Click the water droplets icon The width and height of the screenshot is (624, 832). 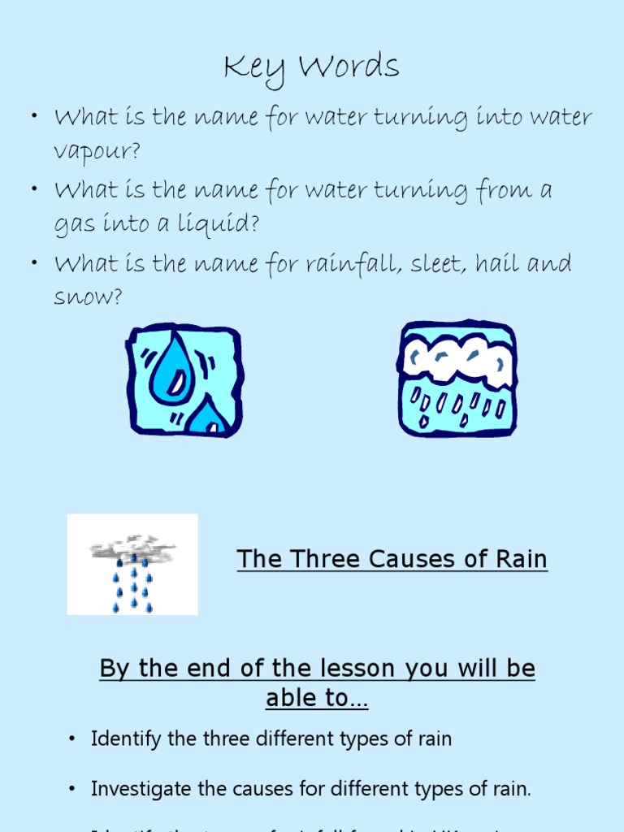(x=184, y=379)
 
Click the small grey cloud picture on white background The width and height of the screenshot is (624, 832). (x=132, y=564)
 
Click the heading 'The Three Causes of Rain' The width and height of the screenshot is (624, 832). (x=392, y=559)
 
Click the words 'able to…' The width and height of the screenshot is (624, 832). (x=317, y=698)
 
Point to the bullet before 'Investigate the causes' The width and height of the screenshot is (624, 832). (x=72, y=788)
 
